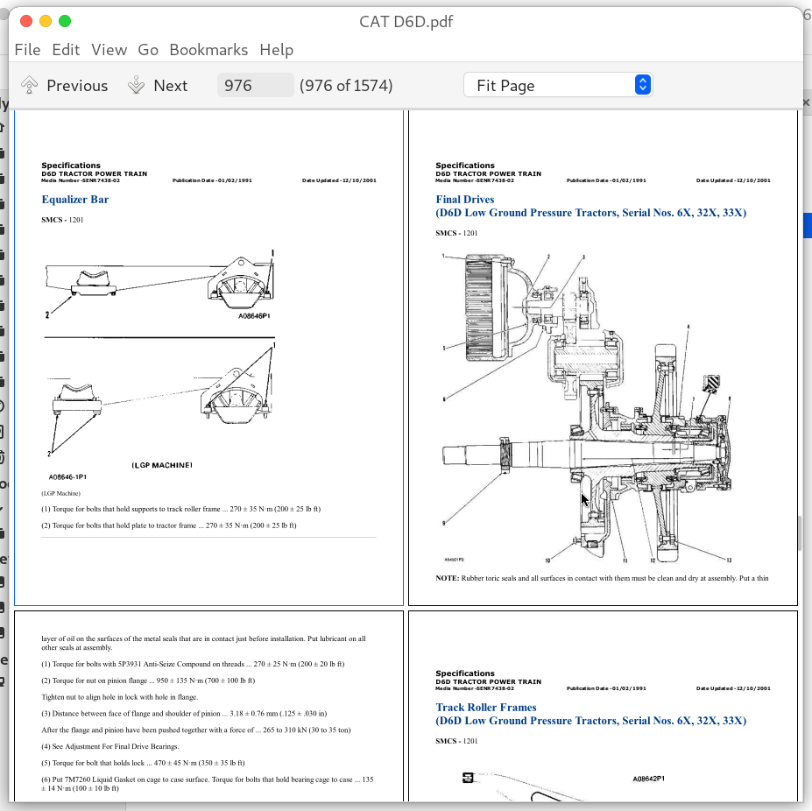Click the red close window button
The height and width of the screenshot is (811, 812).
[x=25, y=21]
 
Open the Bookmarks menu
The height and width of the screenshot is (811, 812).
[x=208, y=50]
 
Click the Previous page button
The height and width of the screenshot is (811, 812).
[x=65, y=85]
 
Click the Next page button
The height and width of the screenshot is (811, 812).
[x=158, y=85]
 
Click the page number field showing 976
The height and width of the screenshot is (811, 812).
[x=255, y=85]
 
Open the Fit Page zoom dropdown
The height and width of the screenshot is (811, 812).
[x=557, y=85]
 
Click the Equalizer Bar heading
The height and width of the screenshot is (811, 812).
[x=75, y=200]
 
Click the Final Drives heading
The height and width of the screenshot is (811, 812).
[x=465, y=200]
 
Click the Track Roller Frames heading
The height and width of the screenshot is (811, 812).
[x=486, y=708]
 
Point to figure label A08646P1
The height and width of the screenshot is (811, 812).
[x=254, y=316]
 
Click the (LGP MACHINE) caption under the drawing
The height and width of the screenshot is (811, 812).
[x=161, y=464]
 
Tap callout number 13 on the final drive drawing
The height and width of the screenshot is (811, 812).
[x=729, y=561]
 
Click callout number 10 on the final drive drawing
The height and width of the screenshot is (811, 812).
[x=547, y=561]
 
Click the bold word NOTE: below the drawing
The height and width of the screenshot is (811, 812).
[x=448, y=579]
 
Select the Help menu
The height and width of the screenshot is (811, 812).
[x=276, y=50]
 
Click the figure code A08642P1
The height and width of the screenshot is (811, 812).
[x=648, y=778]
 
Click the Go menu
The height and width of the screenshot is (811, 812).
[x=148, y=50]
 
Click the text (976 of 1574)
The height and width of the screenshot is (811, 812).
[x=346, y=85]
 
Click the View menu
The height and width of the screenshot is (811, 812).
[x=109, y=50]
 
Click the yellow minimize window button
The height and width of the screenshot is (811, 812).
[x=45, y=21]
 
